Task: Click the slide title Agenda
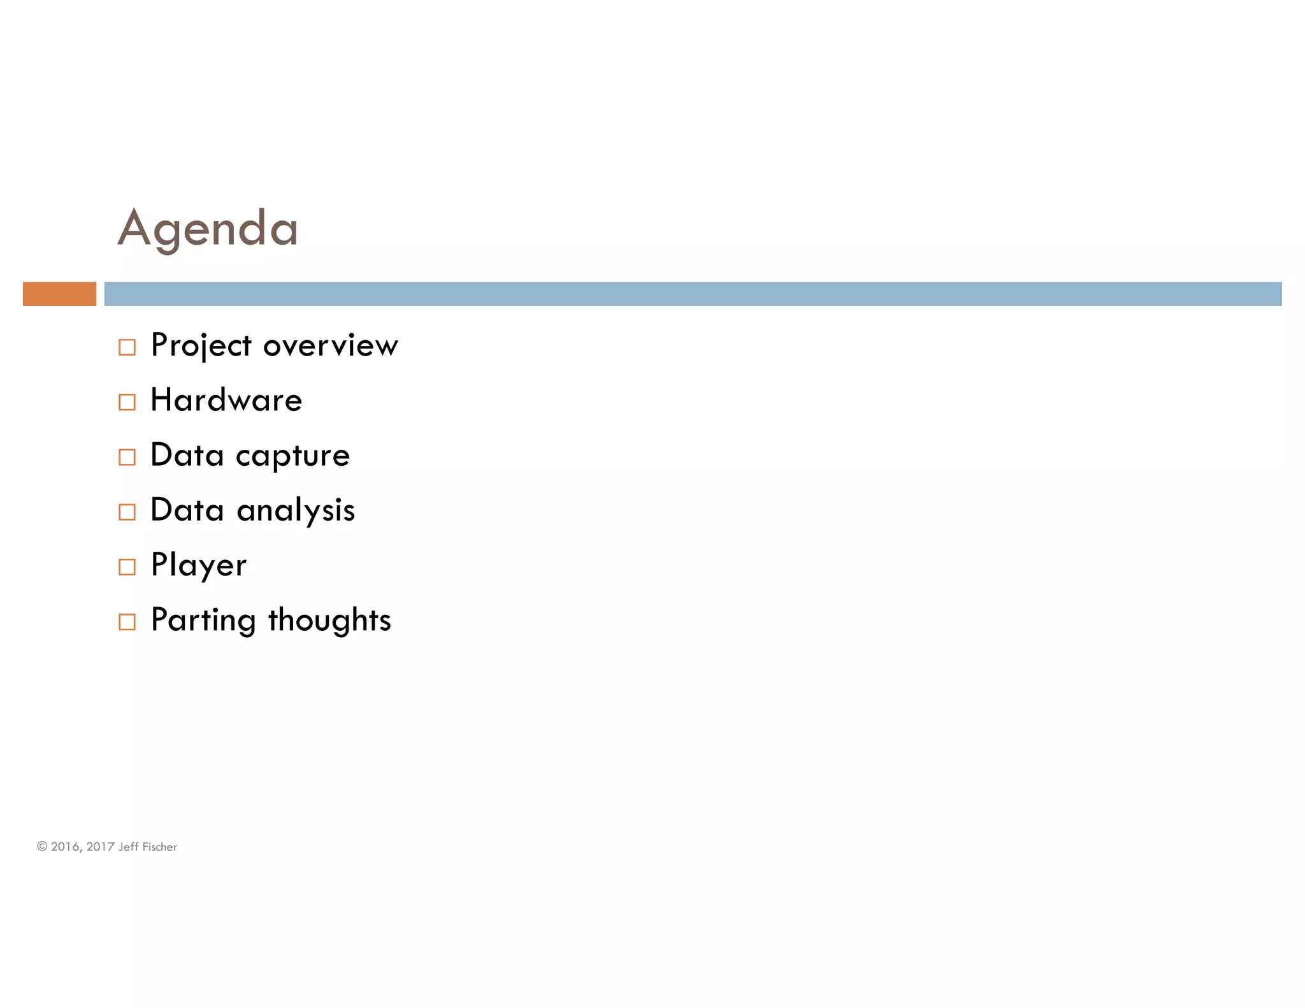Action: (x=208, y=229)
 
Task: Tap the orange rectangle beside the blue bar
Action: (x=59, y=294)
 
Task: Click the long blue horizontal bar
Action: (x=693, y=294)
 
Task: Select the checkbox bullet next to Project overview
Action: (x=127, y=347)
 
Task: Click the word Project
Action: (x=201, y=346)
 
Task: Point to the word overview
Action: (x=330, y=346)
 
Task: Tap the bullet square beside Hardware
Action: (x=127, y=402)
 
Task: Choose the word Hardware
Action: (x=226, y=400)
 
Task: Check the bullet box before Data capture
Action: (x=127, y=457)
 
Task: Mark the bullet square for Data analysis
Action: (x=127, y=512)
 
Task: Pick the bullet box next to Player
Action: (x=127, y=566)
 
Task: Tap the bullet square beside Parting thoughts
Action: (x=127, y=621)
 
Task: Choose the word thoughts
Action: (x=329, y=620)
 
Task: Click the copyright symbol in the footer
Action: (x=42, y=846)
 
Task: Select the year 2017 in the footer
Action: (x=100, y=847)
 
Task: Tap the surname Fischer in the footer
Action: (x=159, y=847)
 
